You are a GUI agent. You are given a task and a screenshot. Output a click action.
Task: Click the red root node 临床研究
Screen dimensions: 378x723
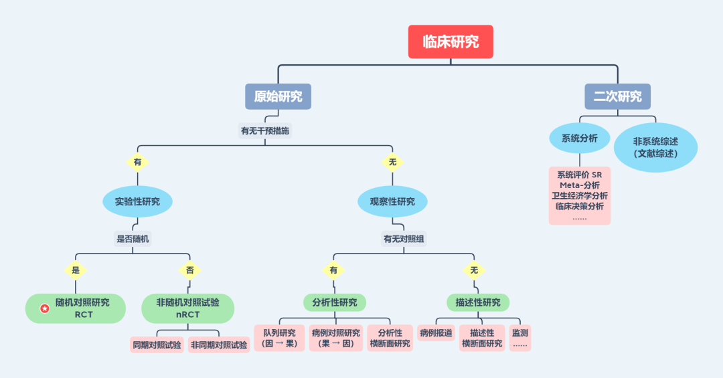[x=451, y=41]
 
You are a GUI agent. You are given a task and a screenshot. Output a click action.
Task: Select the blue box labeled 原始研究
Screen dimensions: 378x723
[x=278, y=96]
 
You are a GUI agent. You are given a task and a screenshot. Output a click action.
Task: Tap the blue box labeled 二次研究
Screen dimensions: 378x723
[x=617, y=96]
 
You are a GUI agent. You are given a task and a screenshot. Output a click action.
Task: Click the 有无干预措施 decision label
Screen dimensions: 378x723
[x=265, y=131]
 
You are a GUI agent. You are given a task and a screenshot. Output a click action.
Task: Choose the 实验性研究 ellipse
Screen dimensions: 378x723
[x=137, y=201]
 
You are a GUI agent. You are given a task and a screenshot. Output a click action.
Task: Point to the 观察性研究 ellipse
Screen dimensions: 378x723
[x=392, y=201]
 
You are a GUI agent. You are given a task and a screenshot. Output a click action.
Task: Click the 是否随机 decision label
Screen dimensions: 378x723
[x=133, y=239]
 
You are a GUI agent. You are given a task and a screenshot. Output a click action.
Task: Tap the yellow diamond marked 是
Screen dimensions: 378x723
[x=76, y=270]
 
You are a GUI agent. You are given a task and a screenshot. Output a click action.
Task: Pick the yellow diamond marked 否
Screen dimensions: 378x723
[x=189, y=270]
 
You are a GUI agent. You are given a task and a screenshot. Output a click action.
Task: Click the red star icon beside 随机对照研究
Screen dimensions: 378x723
[x=45, y=308]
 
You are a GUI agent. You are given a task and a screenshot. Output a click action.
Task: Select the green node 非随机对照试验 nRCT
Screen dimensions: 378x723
[x=188, y=308]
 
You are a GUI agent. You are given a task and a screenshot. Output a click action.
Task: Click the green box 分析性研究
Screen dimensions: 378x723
[x=335, y=302]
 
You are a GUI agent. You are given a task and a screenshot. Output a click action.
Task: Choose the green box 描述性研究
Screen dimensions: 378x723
[x=478, y=302]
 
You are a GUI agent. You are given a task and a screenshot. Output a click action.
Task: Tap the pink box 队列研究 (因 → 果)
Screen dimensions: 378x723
[x=280, y=338]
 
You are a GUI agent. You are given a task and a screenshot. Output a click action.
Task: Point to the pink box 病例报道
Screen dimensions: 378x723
[x=436, y=333]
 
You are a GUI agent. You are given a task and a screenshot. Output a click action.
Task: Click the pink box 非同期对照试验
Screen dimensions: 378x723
[x=219, y=345]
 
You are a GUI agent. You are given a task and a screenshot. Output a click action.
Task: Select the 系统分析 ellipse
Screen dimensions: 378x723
[x=580, y=139]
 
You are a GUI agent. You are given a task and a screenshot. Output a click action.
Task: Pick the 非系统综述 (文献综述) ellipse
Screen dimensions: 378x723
[x=655, y=147]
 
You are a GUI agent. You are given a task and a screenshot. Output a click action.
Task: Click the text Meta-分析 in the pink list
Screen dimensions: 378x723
[x=580, y=185]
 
